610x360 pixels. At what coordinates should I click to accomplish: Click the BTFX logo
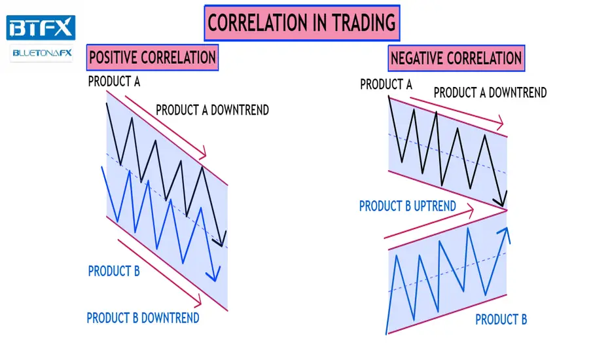pos(41,27)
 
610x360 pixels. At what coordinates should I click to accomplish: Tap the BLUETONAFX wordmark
pos(42,53)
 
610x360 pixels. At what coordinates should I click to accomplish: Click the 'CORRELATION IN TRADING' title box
pos(302,23)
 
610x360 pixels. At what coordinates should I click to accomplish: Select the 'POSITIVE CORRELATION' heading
pos(152,58)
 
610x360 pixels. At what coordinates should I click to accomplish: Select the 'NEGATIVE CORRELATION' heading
pos(456,58)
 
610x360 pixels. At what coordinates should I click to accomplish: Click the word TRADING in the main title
pos(363,23)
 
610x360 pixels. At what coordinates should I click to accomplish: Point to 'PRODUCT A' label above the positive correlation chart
pos(114,81)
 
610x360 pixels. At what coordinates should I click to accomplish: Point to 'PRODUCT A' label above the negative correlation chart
pos(386,84)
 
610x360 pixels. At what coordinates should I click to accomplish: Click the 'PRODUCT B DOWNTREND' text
pos(143,318)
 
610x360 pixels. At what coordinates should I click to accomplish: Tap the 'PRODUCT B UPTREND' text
pos(407,206)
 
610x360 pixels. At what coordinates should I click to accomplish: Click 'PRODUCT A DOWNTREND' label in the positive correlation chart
pos(213,110)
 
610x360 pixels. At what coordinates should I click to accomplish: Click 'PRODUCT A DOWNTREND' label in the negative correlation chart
pos(490,93)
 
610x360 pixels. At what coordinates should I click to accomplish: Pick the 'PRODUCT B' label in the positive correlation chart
pos(114,271)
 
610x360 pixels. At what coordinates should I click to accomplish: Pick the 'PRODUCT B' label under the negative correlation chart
pos(501,319)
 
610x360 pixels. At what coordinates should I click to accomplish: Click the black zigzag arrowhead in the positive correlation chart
pos(220,240)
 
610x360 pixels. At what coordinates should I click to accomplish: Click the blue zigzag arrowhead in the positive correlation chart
pos(214,274)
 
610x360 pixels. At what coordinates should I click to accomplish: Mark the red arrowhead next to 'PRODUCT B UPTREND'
pos(471,211)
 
